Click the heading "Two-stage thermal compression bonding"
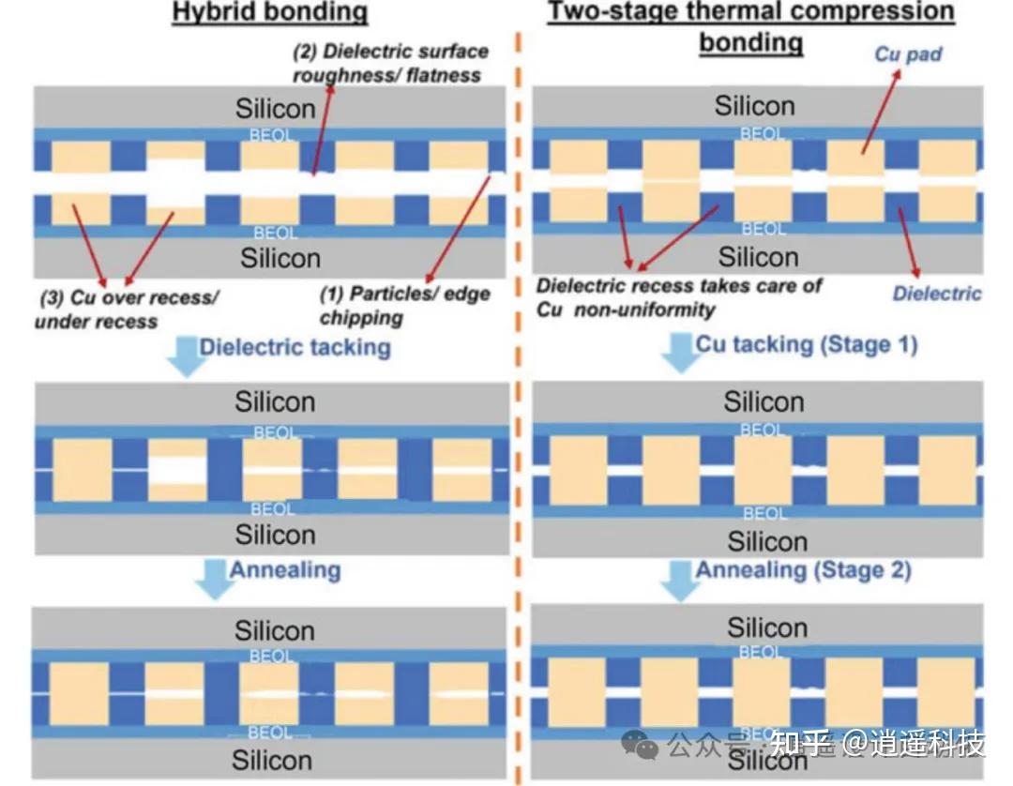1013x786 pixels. (750, 26)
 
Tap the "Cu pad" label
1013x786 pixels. (908, 53)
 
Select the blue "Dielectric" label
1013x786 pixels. (936, 294)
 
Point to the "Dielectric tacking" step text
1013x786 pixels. (295, 347)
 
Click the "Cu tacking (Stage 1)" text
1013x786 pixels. (806, 344)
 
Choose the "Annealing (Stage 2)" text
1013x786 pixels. (802, 569)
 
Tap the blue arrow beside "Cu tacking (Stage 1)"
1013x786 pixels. (678, 353)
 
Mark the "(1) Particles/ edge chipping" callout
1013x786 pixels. (404, 305)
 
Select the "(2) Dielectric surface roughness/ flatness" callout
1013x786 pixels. (390, 63)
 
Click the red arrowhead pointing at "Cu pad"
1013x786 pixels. (898, 73)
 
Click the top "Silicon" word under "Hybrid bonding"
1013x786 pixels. (275, 108)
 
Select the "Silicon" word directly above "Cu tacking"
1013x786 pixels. (757, 256)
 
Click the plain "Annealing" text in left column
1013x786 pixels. (285, 570)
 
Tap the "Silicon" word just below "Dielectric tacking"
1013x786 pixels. (275, 401)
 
